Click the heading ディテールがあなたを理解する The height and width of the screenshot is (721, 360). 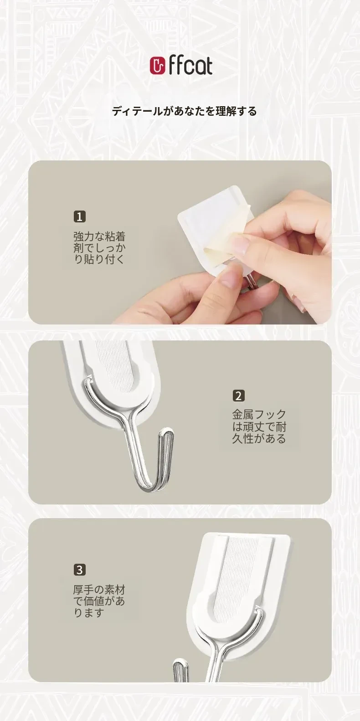185,111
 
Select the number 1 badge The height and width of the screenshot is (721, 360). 79,216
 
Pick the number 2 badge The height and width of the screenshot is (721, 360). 238,396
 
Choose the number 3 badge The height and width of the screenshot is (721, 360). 79,570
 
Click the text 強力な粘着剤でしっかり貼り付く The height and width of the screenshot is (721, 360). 99,248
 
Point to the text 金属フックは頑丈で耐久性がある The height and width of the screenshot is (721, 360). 259,427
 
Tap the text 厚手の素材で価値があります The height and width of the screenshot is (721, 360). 99,601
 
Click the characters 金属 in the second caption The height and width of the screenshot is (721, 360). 243,415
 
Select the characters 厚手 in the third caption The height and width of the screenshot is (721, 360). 84,590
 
